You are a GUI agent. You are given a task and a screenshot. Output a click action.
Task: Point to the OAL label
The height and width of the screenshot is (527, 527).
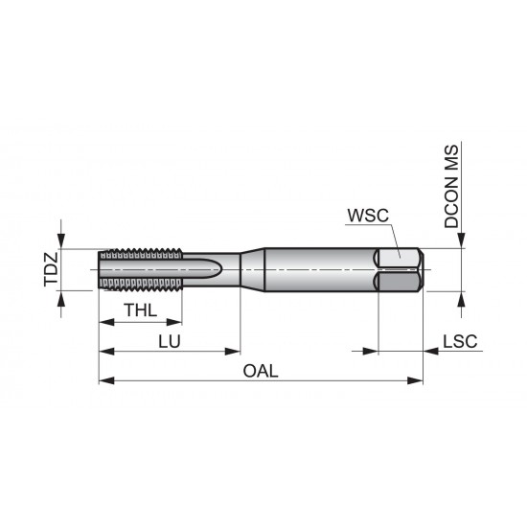coord(261,372)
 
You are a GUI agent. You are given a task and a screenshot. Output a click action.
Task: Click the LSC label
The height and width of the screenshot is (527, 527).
coord(461,342)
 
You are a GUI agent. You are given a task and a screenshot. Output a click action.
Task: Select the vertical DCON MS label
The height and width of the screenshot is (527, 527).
coord(451,187)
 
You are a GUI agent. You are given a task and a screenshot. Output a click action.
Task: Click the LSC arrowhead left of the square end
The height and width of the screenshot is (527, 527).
coord(370,351)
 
